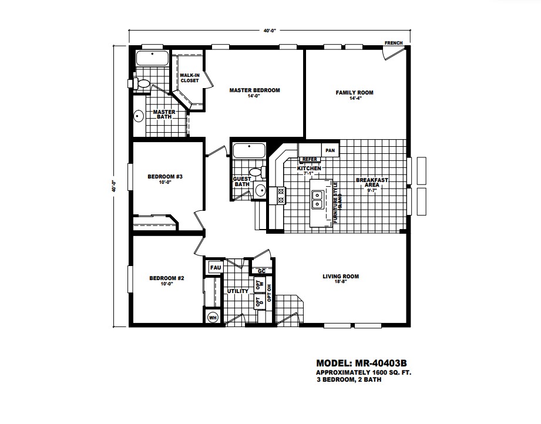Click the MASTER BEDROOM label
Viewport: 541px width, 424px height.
point(254,90)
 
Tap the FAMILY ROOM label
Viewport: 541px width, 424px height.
point(354,93)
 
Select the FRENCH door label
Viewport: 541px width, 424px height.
point(393,43)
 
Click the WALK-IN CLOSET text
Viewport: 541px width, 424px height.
point(189,78)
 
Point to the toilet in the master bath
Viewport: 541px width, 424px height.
point(142,83)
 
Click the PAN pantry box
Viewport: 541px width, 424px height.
point(330,150)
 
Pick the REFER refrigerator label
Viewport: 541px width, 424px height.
point(310,159)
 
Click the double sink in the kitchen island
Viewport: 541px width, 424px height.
point(318,200)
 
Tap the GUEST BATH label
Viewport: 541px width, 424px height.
point(242,181)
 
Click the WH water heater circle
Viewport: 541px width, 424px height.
point(212,317)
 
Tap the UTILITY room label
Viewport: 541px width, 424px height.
point(237,291)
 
